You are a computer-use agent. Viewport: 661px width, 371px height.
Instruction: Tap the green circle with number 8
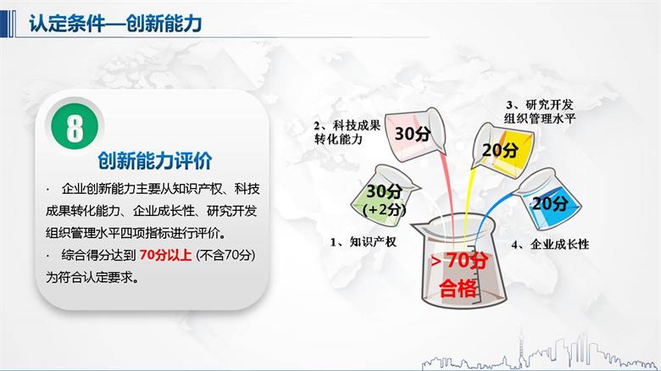[75, 128]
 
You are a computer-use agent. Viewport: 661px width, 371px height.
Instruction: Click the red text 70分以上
[166, 255]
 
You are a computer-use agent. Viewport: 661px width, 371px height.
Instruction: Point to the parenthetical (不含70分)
[226, 255]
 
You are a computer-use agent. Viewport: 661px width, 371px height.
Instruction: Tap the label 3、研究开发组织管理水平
[540, 111]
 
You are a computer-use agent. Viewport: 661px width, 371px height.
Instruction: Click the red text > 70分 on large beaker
[458, 259]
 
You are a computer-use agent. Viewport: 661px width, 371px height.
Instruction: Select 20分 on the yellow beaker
[499, 150]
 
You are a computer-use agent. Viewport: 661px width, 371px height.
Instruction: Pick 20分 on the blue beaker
[551, 203]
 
